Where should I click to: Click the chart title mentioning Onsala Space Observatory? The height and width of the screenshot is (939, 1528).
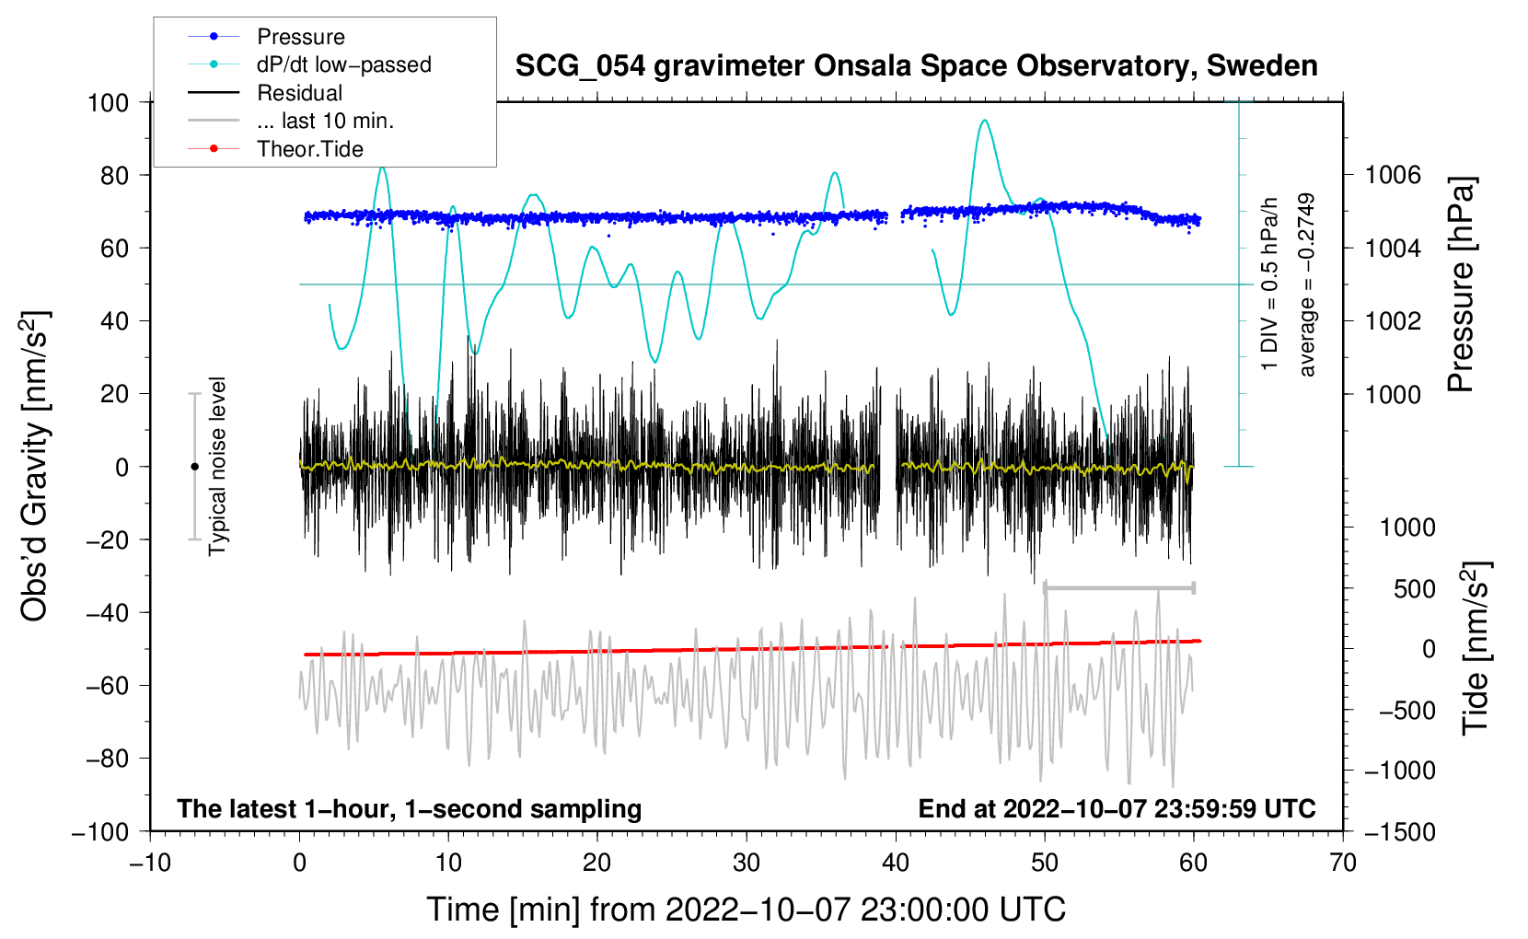916,66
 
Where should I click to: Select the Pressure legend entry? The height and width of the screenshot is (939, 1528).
300,37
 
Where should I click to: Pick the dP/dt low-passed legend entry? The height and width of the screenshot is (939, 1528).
343,64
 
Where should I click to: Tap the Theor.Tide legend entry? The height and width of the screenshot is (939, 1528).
309,149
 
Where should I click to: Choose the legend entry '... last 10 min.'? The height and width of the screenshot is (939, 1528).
325,121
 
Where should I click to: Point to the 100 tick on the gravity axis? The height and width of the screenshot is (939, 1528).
108,102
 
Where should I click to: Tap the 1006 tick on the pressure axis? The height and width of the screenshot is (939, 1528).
1393,175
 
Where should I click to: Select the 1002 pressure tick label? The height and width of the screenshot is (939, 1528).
1393,321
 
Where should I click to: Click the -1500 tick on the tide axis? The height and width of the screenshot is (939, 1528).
1399,832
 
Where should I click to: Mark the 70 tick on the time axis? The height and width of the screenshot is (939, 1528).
1343,864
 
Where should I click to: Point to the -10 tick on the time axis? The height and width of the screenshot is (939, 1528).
150,864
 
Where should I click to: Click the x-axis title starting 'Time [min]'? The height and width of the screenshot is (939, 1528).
747,910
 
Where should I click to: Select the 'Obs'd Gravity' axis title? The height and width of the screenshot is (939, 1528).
34,466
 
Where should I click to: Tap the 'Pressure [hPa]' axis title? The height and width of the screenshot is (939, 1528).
1461,285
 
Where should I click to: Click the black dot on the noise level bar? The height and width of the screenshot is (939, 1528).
194,467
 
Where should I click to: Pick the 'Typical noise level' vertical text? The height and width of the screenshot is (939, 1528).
217,466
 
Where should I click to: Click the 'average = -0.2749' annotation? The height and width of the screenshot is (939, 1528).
1307,285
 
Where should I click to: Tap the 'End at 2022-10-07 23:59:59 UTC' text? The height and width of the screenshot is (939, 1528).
1117,809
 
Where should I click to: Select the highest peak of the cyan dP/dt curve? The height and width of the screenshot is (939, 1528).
985,121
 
